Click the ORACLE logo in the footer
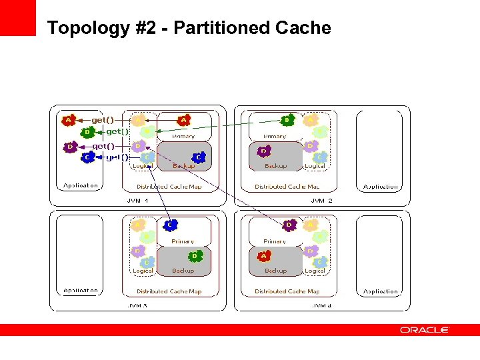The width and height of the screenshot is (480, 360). click(425, 330)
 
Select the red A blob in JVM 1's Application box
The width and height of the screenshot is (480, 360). click(67, 121)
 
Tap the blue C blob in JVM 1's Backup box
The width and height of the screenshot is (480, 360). click(198, 157)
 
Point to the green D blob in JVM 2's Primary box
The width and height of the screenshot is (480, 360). click(287, 121)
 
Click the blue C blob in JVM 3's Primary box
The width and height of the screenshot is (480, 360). click(171, 225)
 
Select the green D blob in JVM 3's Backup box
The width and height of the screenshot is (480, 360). click(195, 256)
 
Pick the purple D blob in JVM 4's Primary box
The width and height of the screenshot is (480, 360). click(289, 225)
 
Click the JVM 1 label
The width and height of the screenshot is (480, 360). click(137, 200)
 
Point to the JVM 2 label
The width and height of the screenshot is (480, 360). click(321, 200)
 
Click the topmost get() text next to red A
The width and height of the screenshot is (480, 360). click(103, 120)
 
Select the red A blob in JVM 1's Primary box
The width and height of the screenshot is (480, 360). click(183, 121)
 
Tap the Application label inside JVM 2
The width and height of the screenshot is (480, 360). click(380, 187)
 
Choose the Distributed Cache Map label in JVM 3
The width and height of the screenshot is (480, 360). click(169, 291)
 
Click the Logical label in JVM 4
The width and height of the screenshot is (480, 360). click(315, 271)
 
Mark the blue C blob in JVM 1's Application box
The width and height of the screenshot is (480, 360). click(87, 157)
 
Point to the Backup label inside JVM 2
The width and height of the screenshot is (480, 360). click(275, 166)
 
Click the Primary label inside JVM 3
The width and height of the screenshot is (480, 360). click(182, 241)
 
